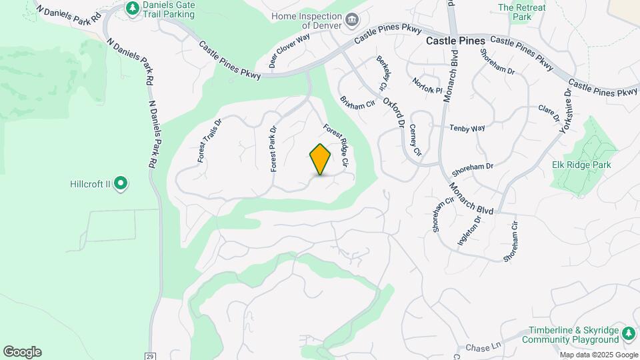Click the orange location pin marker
[x=321, y=159]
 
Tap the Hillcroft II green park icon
[x=121, y=183]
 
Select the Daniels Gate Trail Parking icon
[x=132, y=8]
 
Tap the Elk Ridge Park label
[x=582, y=165]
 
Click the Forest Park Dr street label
[x=273, y=149]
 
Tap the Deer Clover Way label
[x=289, y=51]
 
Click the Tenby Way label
[x=467, y=128]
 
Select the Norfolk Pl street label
[x=427, y=85]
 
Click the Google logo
[x=22, y=352]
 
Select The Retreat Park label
[x=522, y=13]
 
